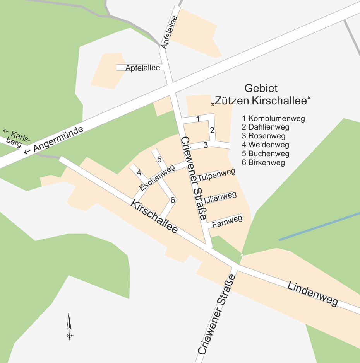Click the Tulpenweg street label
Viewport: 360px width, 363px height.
coord(217,175)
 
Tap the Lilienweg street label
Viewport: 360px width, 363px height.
coord(220,198)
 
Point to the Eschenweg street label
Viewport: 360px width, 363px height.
coord(158,180)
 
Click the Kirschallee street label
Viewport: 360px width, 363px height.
coord(154,216)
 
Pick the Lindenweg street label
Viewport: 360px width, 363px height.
coord(313,294)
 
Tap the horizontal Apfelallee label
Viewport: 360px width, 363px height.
coord(143,68)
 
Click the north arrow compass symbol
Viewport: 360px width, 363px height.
coord(69,327)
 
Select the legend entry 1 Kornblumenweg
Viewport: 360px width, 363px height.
coord(273,118)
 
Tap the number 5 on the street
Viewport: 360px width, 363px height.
coord(159,159)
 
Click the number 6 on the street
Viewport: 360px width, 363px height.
coord(173,199)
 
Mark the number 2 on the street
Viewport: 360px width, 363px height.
coord(212,130)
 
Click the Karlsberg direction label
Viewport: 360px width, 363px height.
coord(15,139)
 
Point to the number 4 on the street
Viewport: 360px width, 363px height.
coord(139,172)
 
